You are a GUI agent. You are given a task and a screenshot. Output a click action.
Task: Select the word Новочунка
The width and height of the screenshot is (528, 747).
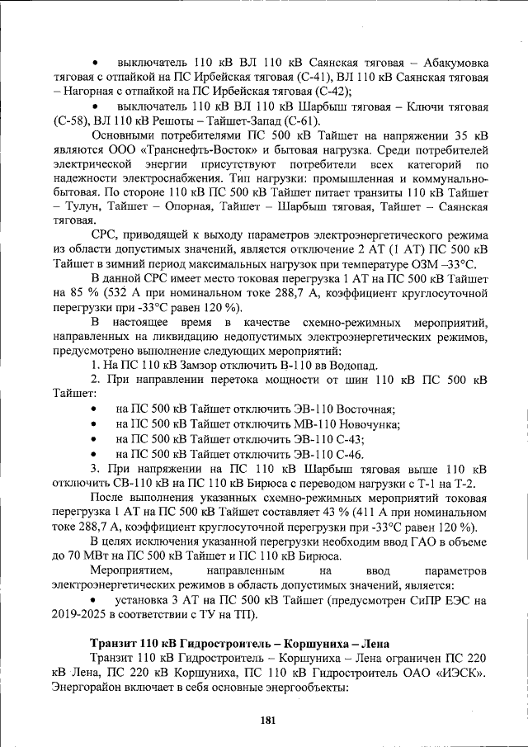click(365, 424)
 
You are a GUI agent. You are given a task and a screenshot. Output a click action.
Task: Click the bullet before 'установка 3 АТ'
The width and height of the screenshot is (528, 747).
click(97, 601)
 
